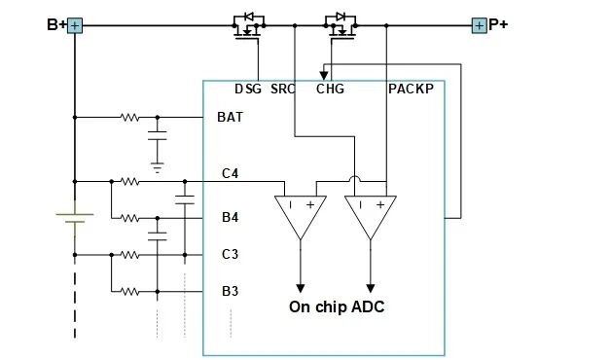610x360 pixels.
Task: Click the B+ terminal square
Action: pyautogui.click(x=75, y=26)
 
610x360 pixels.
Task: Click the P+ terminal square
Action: pyautogui.click(x=479, y=25)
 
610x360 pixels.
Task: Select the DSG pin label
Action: pyautogui.click(x=248, y=90)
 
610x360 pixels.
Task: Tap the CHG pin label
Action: pyautogui.click(x=330, y=90)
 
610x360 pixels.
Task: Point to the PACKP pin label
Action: pyautogui.click(x=411, y=90)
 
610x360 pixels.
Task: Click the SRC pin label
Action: pyautogui.click(x=283, y=90)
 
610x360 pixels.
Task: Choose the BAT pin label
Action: pyautogui.click(x=230, y=117)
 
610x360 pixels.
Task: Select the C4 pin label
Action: pyautogui.click(x=230, y=173)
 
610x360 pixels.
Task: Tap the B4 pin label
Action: pyautogui.click(x=230, y=217)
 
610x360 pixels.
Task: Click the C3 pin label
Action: pyautogui.click(x=230, y=254)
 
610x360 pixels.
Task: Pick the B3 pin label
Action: pyautogui.click(x=230, y=291)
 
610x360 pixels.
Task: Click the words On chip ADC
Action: pyautogui.click(x=337, y=307)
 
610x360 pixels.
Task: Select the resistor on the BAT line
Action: pyautogui.click(x=129, y=117)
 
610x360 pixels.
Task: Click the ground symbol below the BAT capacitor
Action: pyautogui.click(x=158, y=167)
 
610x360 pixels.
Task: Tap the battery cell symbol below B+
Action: pyautogui.click(x=75, y=218)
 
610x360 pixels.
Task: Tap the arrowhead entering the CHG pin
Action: pyautogui.click(x=324, y=76)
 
